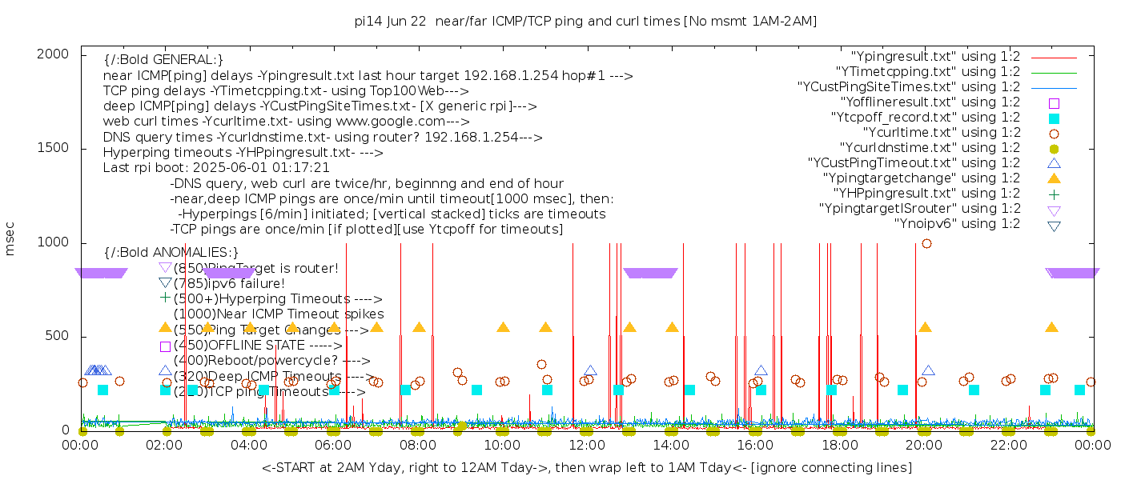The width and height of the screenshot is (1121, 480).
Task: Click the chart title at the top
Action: point(585,22)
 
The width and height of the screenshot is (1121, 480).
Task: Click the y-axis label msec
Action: point(10,238)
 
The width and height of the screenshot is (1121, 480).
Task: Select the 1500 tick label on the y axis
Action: point(52,148)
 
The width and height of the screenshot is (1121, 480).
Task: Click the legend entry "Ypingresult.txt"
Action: point(935,57)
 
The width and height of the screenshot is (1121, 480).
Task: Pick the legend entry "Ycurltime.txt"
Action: point(941,133)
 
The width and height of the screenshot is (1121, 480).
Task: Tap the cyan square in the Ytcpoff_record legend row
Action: point(1054,118)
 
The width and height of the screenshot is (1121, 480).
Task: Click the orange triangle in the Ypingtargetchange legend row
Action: point(1054,178)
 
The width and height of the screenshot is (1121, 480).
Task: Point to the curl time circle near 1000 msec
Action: point(926,244)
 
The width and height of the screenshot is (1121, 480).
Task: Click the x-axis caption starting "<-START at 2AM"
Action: point(585,467)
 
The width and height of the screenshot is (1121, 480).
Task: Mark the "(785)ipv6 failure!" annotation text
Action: point(229,284)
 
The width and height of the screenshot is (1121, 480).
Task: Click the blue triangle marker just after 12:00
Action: point(590,371)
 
